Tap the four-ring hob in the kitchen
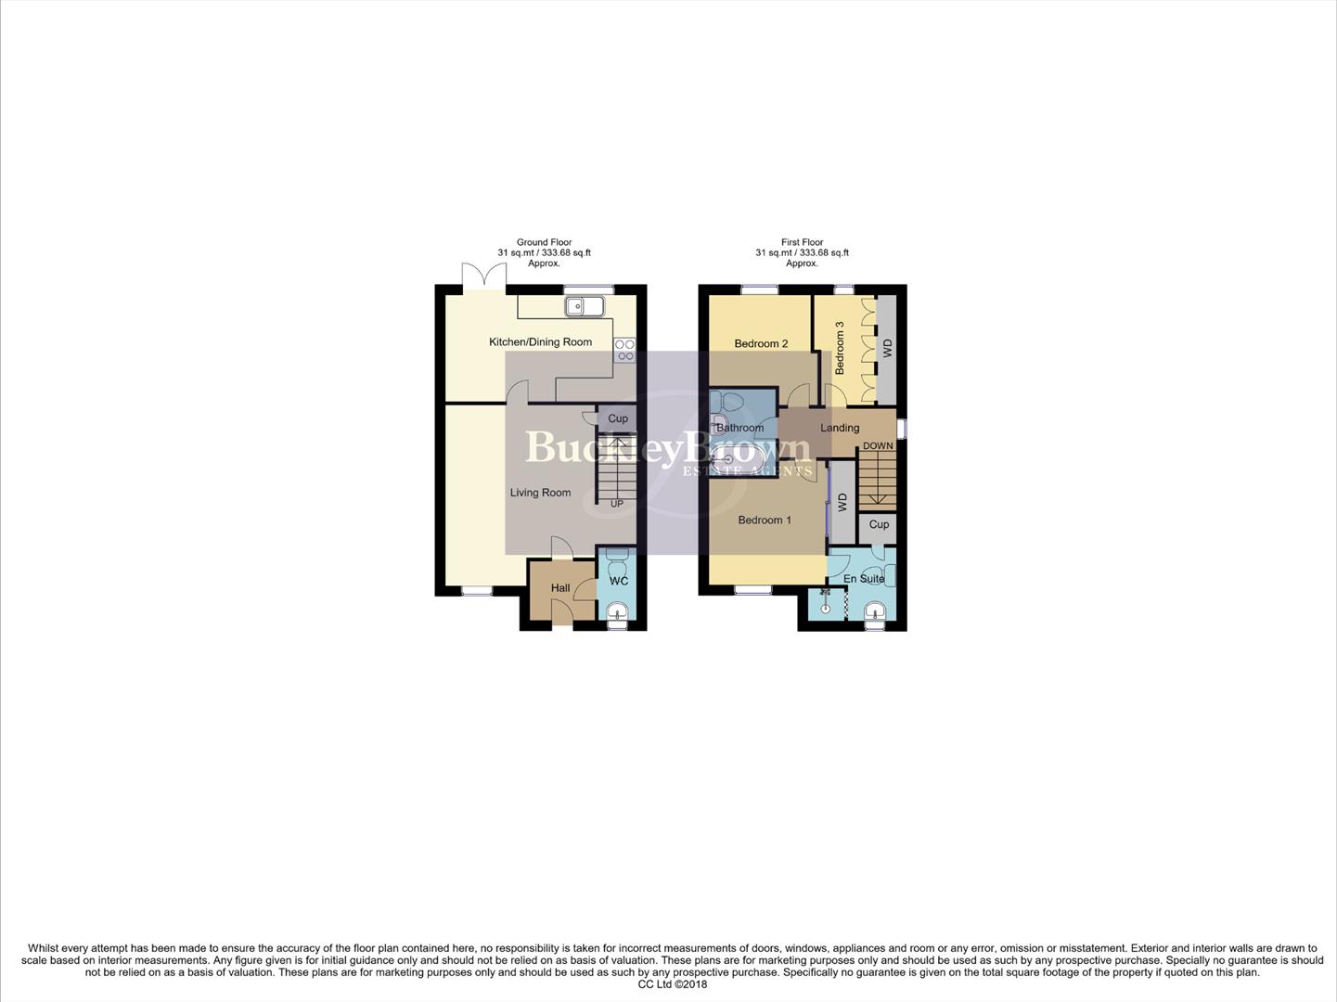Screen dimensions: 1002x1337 [624, 350]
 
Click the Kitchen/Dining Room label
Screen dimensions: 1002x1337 [540, 342]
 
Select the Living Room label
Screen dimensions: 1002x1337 [540, 493]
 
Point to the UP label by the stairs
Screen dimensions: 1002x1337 [617, 504]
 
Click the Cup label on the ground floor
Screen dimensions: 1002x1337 [618, 418]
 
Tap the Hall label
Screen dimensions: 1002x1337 [560, 588]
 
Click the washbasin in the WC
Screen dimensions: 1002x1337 [618, 610]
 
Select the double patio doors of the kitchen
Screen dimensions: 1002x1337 [484, 276]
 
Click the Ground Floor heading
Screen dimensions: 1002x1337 [544, 242]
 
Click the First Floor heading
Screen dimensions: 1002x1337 [802, 242]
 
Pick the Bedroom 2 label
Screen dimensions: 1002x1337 [761, 344]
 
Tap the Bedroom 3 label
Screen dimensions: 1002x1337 [840, 348]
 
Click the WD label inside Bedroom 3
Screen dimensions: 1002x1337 [888, 348]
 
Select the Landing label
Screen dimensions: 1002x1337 [840, 428]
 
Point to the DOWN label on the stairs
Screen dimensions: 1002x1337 [878, 446]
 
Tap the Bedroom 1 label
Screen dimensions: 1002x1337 [765, 520]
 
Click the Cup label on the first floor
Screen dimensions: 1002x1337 [879, 524]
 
